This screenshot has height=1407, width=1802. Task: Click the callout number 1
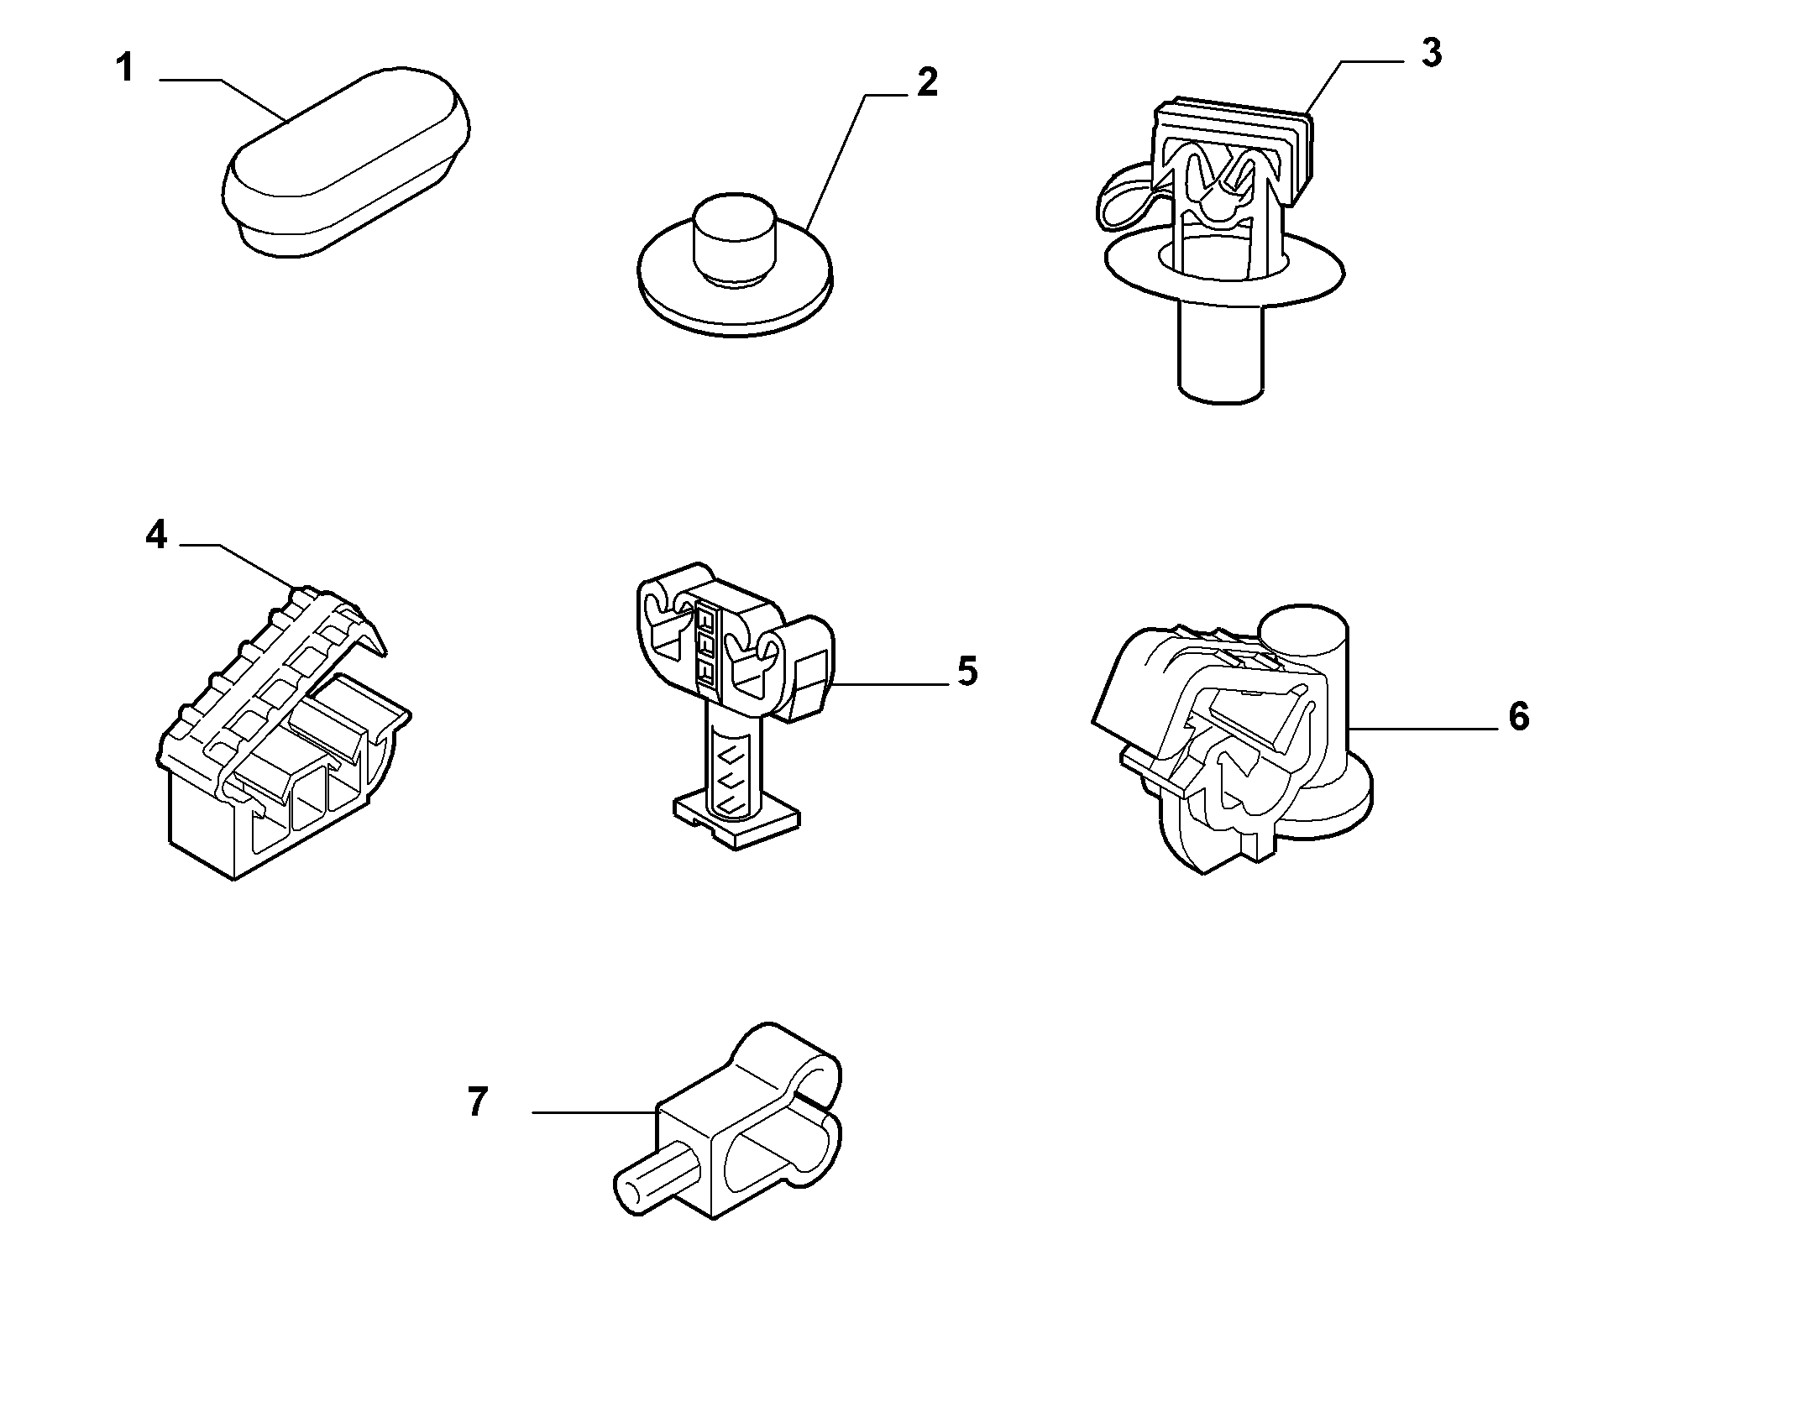click(124, 67)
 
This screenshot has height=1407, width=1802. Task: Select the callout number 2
click(926, 82)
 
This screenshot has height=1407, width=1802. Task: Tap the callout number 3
click(1432, 53)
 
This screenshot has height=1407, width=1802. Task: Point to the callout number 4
click(156, 534)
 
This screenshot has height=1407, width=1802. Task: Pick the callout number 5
click(967, 672)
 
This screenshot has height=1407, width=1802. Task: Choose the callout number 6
click(1519, 717)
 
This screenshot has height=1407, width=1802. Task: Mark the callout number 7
click(477, 1101)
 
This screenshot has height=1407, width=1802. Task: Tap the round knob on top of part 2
click(731, 239)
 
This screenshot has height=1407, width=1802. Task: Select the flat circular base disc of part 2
click(736, 302)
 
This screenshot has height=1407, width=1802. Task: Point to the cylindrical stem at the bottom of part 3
click(1220, 353)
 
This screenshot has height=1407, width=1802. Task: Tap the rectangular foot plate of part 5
click(736, 821)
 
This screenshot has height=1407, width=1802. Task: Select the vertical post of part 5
click(734, 756)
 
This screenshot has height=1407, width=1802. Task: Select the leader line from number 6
click(1423, 728)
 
